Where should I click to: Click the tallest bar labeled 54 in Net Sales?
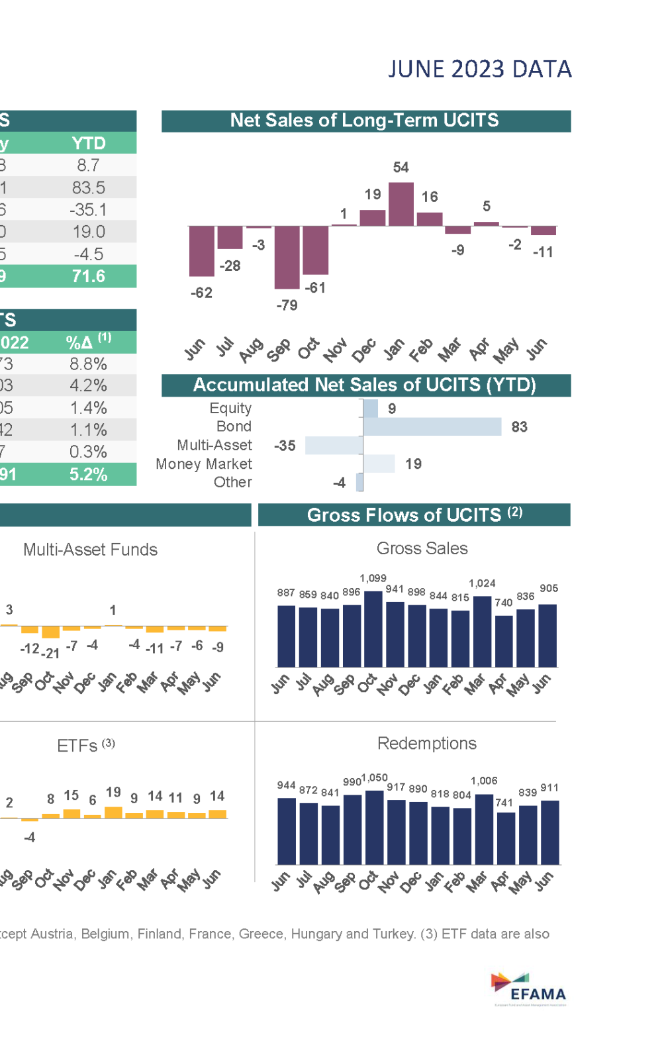(x=401, y=204)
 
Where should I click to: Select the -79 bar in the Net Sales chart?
(x=287, y=257)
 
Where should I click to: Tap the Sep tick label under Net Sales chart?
(x=279, y=349)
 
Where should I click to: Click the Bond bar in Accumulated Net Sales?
(x=432, y=426)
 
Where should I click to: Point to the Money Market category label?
(x=203, y=464)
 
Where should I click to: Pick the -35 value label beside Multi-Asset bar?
(x=285, y=446)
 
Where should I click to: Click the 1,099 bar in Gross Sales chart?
(x=373, y=628)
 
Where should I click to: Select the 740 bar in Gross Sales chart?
(x=504, y=640)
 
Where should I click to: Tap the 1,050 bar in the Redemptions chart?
(x=374, y=827)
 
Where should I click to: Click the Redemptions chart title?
(x=426, y=743)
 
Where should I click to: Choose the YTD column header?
(x=89, y=143)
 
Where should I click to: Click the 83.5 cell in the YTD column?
(x=89, y=187)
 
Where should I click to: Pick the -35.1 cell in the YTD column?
(x=89, y=210)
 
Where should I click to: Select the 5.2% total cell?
(x=89, y=474)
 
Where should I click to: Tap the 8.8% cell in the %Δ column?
(x=89, y=364)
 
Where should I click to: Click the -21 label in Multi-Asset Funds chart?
(x=50, y=654)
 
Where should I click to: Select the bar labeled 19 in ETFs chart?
(x=113, y=813)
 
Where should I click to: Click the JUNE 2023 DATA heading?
(x=479, y=69)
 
